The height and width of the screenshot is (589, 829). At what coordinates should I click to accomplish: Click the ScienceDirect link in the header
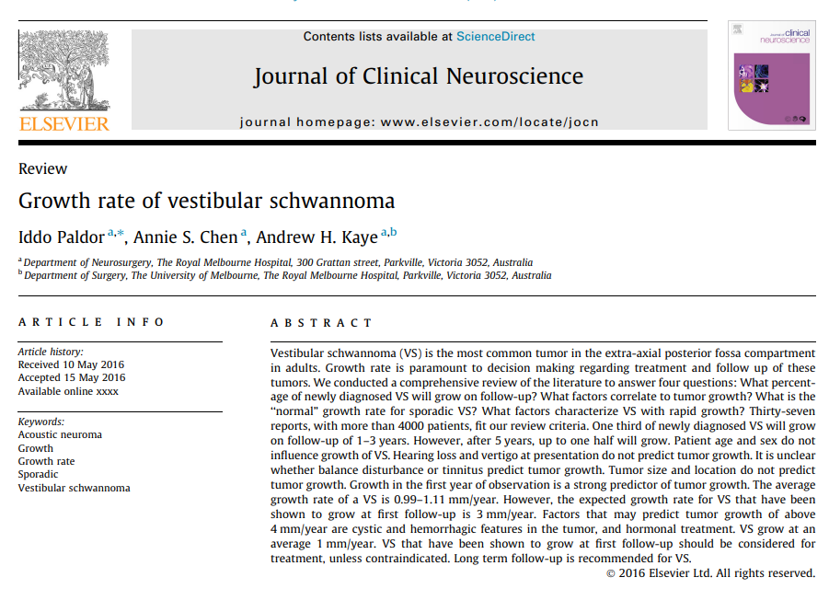(495, 37)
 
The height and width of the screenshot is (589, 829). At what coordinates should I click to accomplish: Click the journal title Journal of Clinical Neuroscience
(419, 75)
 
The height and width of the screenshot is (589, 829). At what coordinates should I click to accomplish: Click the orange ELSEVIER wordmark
(63, 124)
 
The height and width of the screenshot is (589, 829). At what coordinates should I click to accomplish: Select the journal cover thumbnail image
(771, 75)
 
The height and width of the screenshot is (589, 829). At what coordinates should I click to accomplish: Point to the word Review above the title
(43, 168)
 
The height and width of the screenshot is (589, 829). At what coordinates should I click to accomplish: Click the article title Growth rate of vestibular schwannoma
(206, 201)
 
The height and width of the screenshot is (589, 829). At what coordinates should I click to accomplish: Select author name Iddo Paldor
(61, 237)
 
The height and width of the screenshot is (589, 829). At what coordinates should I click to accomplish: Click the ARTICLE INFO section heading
(92, 322)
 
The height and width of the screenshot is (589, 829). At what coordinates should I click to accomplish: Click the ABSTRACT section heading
(322, 323)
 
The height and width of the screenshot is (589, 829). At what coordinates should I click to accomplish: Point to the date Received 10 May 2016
(72, 364)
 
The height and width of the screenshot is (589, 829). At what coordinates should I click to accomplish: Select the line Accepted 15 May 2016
(72, 377)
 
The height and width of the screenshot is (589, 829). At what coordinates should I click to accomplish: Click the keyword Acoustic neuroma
(60, 434)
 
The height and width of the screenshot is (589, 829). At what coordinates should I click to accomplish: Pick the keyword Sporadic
(40, 475)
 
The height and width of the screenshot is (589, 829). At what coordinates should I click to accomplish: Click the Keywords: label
(40, 422)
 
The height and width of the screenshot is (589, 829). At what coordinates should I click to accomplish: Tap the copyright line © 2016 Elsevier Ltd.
(709, 573)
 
